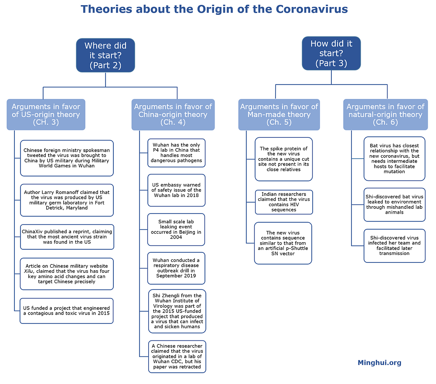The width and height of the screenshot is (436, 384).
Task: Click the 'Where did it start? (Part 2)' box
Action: coord(106,55)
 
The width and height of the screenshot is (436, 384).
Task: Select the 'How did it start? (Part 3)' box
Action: coord(331,54)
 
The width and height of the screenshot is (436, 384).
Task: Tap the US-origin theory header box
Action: coord(46,115)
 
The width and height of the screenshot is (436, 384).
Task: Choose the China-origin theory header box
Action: coord(173,115)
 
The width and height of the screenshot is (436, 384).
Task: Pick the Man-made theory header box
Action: coord(279,115)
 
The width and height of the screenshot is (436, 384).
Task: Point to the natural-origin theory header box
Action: coord(385,115)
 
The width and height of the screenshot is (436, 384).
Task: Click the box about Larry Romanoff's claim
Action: coord(67,200)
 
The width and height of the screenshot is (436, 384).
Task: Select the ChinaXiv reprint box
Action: coord(67,237)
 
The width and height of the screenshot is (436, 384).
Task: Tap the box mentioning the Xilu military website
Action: coord(67,274)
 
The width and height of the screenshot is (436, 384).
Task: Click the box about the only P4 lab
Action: coord(177,153)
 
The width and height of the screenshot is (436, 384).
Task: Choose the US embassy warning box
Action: coord(177,190)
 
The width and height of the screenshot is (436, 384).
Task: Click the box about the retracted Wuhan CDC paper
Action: coord(177,356)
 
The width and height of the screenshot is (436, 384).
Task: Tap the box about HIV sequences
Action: coord(284,202)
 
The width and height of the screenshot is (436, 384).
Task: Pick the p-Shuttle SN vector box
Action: coord(283,243)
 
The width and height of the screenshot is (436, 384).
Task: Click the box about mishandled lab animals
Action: coord(394,205)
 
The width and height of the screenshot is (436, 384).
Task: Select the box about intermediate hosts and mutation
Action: coord(394,159)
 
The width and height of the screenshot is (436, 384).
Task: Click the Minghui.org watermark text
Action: coord(379,363)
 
